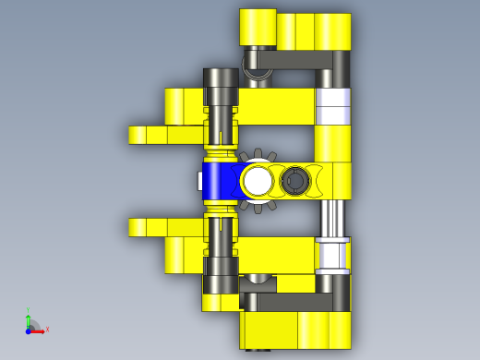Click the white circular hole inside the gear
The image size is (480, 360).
[258, 181]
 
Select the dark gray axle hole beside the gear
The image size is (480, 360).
[294, 181]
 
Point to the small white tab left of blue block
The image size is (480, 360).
[199, 181]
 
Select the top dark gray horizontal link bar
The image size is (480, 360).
[295, 61]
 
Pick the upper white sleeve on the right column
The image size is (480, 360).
[333, 106]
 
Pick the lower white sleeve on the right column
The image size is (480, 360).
[332, 255]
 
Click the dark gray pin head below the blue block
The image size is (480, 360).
[221, 269]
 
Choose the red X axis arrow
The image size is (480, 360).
[42, 329]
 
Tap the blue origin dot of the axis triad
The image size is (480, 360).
[29, 330]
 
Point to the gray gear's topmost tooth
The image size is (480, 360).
[259, 153]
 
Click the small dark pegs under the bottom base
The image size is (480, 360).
[257, 350]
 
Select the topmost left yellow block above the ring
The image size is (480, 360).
[258, 27]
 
